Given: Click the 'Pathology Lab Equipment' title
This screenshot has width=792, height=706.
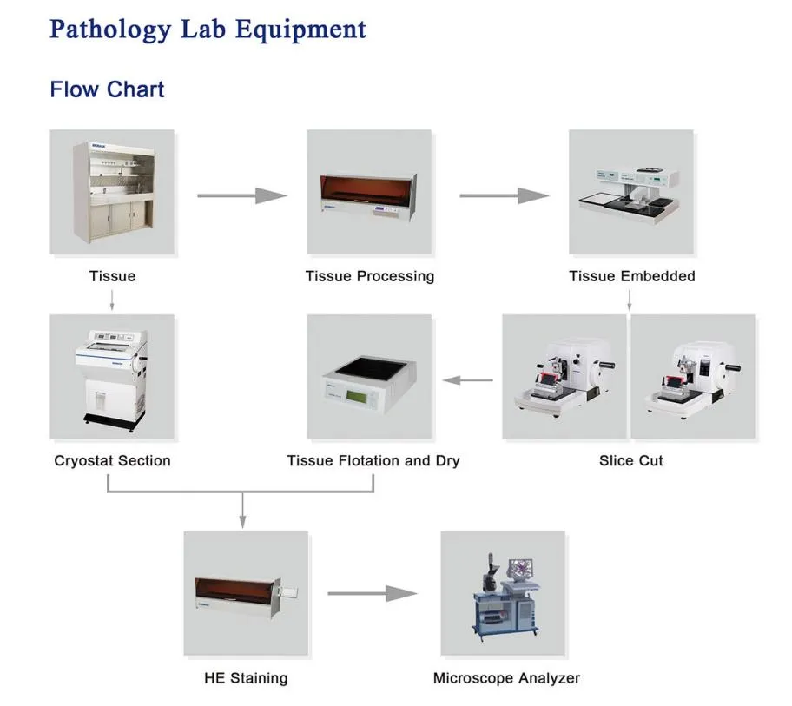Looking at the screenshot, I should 208,29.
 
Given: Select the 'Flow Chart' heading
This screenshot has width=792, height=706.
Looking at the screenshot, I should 107,89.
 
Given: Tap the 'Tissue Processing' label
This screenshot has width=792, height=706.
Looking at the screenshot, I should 369,276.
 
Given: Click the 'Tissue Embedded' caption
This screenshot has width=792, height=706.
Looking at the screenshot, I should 631,276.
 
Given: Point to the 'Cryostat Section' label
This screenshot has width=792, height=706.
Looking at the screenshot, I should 112,460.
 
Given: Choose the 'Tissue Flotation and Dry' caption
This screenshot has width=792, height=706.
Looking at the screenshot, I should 373,460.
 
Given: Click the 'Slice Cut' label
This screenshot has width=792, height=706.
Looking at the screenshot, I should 630,460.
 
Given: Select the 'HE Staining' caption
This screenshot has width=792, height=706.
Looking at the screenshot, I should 246,677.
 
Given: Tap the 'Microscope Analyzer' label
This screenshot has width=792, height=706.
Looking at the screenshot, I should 506,677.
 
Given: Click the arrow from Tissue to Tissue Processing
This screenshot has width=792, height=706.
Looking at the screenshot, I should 241,195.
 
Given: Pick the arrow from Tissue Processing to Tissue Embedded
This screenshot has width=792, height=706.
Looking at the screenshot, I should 504,195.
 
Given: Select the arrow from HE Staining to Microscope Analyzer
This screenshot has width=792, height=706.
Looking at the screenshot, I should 373,594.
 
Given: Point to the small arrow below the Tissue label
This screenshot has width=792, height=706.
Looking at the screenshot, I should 112,300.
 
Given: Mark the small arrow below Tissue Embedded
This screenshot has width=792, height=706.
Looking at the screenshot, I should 630,300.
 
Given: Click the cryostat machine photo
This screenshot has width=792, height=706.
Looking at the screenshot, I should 111,377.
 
